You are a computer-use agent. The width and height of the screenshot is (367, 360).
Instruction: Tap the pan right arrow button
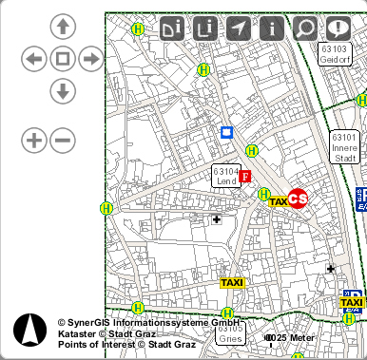click(x=91, y=60)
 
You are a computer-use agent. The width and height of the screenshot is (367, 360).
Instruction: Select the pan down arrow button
click(x=63, y=91)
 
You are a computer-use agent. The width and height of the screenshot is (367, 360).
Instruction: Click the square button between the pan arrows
click(x=63, y=60)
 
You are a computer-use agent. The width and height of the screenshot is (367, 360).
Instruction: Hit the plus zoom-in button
click(x=33, y=141)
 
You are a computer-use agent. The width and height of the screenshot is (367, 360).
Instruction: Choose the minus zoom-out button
click(x=63, y=141)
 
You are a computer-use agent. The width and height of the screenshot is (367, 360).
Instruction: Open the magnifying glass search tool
click(x=304, y=28)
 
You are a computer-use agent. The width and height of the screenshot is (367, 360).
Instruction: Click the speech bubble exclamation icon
click(x=338, y=28)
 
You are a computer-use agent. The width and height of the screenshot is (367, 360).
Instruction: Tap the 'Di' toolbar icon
click(x=172, y=28)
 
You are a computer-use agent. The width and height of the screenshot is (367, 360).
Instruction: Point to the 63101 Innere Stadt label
click(x=344, y=148)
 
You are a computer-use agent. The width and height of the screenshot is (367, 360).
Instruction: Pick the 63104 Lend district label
click(x=225, y=176)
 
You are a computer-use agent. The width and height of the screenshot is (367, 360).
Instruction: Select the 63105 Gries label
click(x=231, y=332)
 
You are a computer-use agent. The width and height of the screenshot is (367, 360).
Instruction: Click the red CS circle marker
click(x=298, y=198)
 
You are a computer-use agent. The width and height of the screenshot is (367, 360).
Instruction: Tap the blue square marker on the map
click(x=226, y=133)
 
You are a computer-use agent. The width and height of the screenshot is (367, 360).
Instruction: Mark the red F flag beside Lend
click(x=245, y=177)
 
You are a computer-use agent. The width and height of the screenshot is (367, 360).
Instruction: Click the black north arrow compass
click(x=29, y=330)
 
